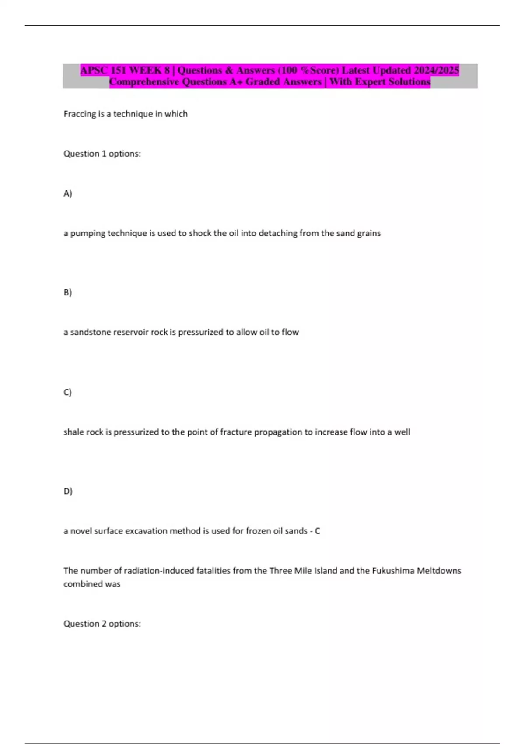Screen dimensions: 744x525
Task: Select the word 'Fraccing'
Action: coord(79,114)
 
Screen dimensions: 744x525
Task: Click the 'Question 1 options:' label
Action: coord(102,154)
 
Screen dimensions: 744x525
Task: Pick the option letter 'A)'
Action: coord(67,193)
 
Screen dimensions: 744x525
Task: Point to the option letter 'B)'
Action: coord(67,292)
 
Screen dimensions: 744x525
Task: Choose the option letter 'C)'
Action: coord(67,392)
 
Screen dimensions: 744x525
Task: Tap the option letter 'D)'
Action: coord(67,491)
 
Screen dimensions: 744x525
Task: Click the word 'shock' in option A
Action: coord(200,233)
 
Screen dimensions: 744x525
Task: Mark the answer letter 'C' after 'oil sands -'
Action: coord(318,531)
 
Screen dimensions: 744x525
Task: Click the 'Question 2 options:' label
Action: coord(102,624)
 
